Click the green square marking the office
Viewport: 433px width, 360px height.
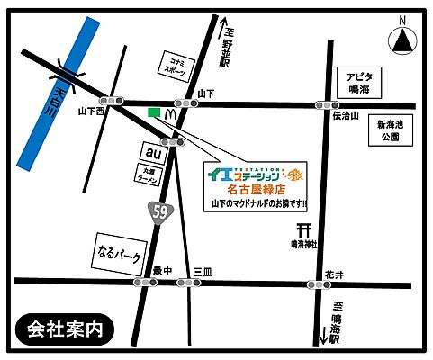pos(153,112)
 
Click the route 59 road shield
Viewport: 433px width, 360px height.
pos(159,212)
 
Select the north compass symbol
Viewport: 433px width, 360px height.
pos(401,39)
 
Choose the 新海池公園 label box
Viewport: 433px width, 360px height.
pos(392,130)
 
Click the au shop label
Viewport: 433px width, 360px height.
pos(149,149)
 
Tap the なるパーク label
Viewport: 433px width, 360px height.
pos(118,250)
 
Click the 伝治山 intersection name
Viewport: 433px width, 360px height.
pos(346,116)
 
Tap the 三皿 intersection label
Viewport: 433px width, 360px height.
pos(201,270)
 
